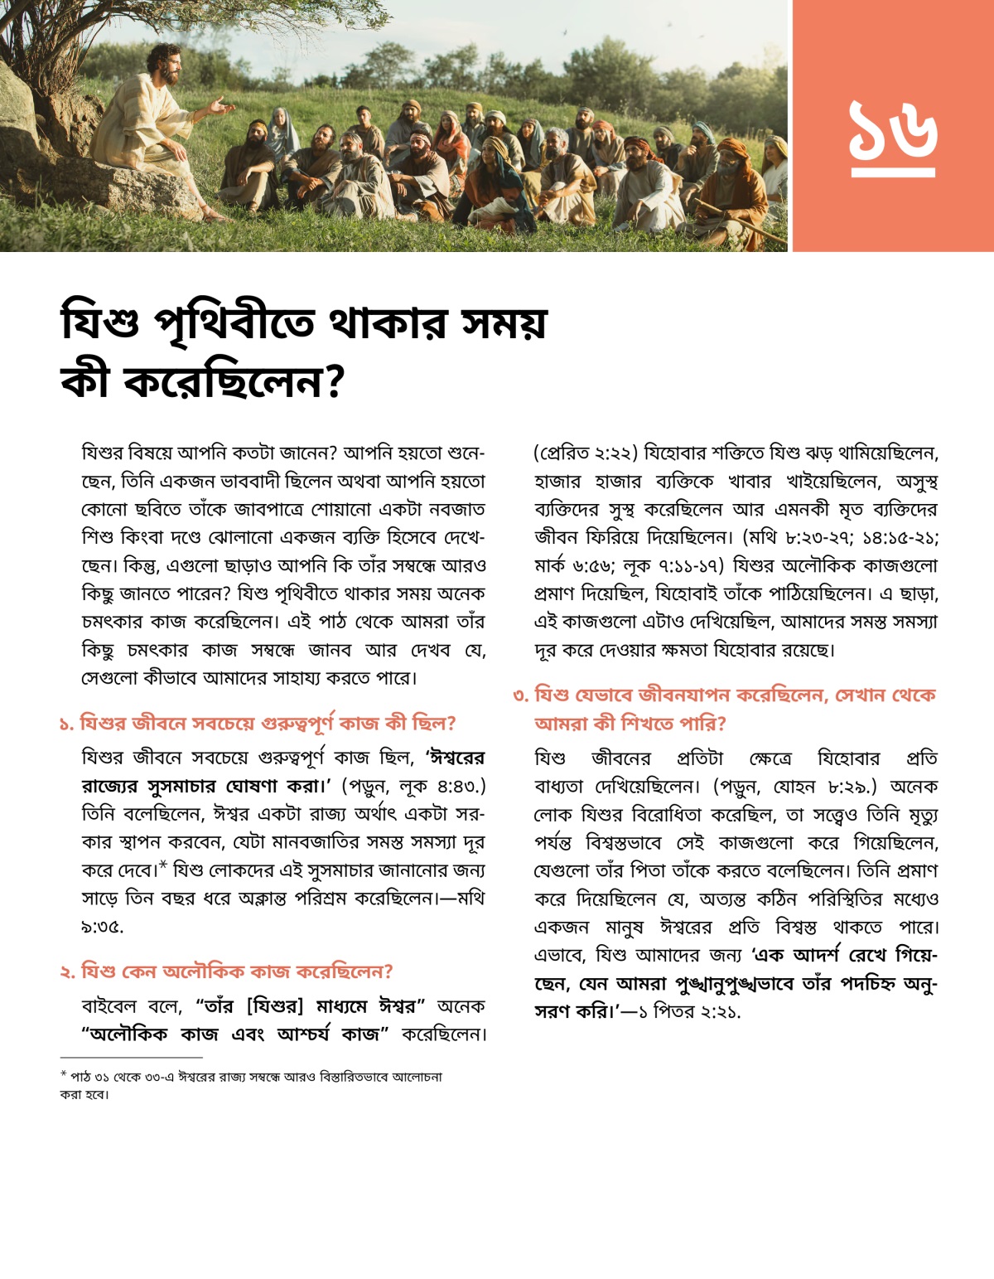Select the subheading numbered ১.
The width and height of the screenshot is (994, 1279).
point(258,724)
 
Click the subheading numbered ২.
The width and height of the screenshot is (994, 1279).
point(226,971)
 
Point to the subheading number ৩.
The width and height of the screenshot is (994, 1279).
point(521,695)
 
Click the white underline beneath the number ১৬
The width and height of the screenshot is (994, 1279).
point(893,172)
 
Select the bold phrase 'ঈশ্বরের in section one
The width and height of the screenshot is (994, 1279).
point(455,758)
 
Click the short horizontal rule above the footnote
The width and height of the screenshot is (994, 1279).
point(131,1058)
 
